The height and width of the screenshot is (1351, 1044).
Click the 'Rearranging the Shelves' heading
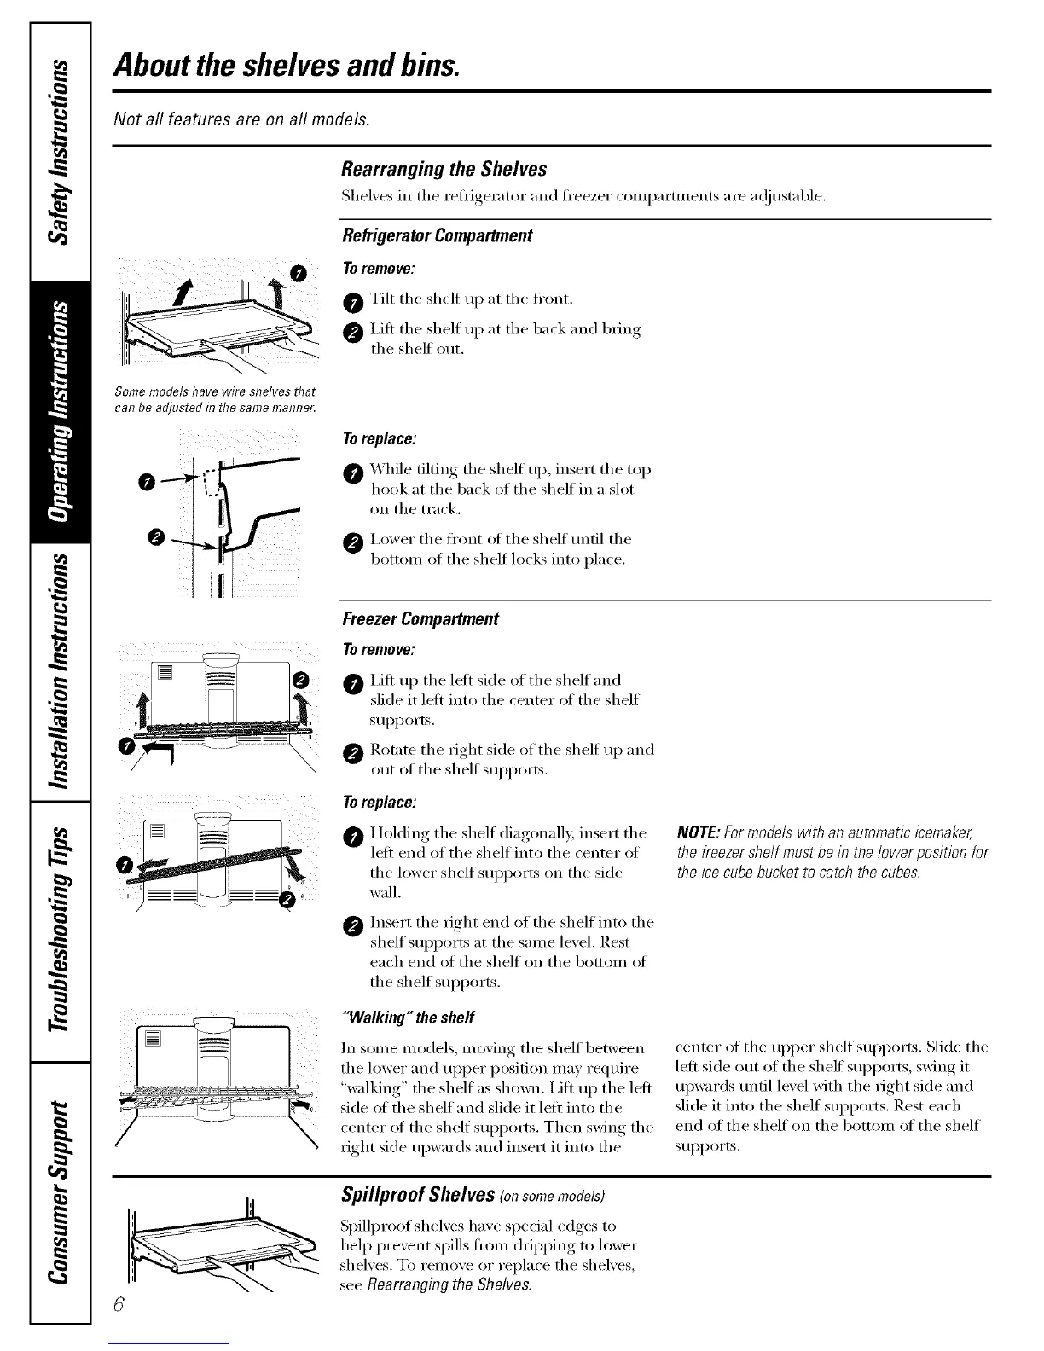point(443,168)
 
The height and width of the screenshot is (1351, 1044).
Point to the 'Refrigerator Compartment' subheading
point(436,235)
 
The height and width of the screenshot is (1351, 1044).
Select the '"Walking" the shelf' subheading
point(406,1018)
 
